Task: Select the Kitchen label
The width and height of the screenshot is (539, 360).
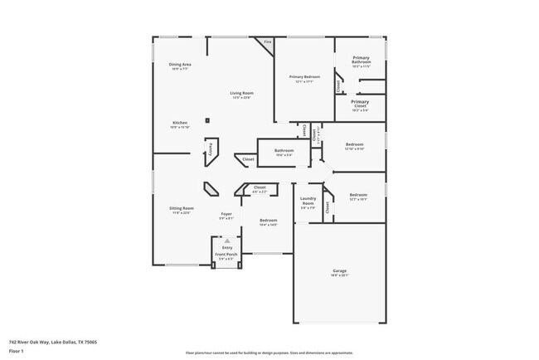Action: pos(180,124)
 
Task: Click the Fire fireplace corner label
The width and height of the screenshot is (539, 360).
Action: pos(267,41)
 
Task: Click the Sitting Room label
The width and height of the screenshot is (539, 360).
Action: pos(182,210)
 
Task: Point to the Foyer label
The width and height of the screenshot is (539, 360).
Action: pos(226,216)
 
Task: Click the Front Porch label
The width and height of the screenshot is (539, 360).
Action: pos(226,255)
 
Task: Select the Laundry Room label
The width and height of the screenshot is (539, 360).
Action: pos(308,202)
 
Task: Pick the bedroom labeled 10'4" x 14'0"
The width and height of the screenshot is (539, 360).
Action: pos(268,221)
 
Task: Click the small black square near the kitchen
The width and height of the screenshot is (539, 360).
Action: pos(208,121)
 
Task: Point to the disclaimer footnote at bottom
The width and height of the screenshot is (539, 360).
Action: pos(269,352)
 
